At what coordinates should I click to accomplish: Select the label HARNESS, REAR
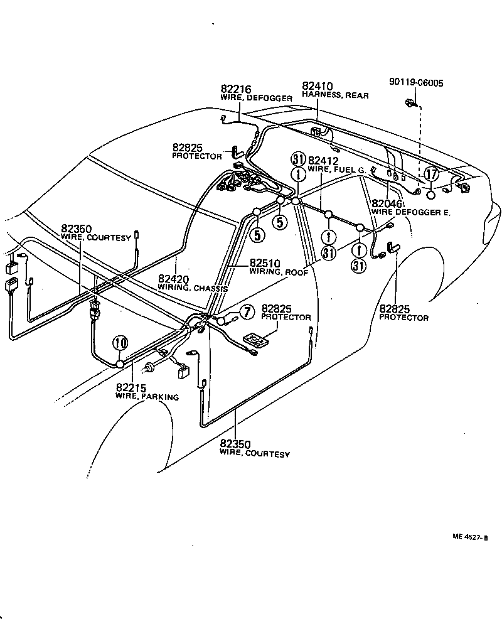335,95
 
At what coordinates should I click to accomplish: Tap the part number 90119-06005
415,82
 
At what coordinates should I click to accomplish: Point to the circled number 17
431,174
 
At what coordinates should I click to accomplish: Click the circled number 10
120,343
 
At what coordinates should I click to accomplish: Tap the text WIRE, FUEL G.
337,170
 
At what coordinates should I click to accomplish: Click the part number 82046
385,203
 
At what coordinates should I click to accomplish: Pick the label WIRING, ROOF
275,272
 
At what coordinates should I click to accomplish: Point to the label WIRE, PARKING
147,397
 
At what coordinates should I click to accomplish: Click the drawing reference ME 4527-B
469,537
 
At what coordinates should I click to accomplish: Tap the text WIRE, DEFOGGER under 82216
256,99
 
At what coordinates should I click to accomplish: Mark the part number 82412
321,161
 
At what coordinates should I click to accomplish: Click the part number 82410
317,86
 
